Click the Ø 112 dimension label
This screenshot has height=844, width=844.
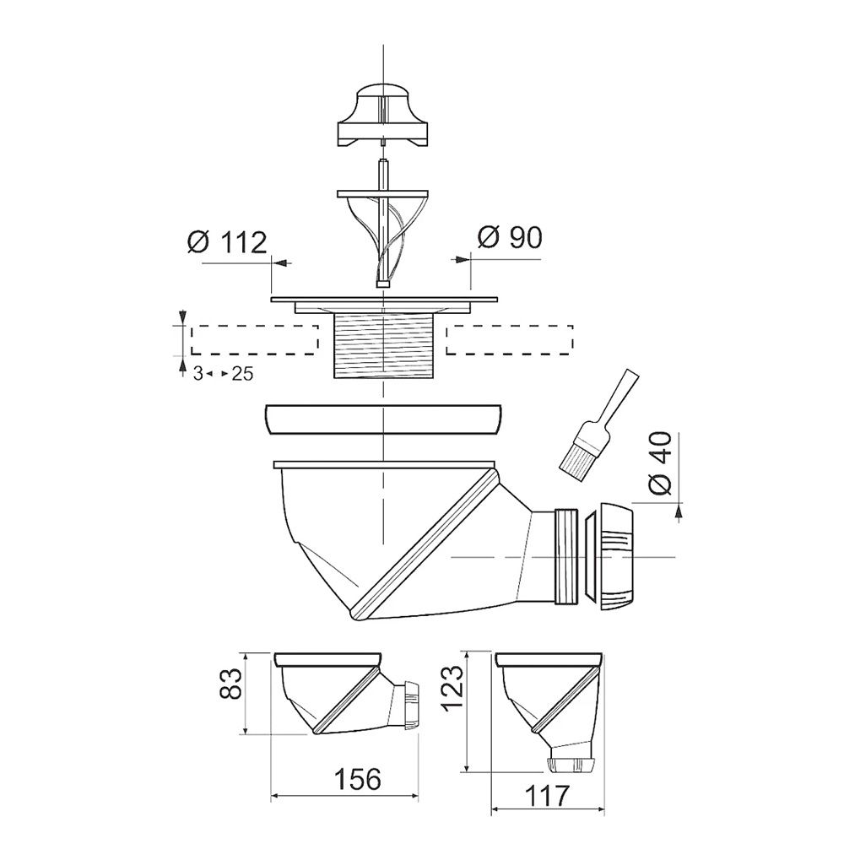pos(226,243)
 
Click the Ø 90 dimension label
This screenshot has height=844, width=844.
pos(509,237)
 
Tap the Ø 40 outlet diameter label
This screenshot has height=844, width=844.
pos(660,463)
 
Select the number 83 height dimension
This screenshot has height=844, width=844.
pos(233,683)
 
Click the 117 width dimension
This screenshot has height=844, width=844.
pos(546,796)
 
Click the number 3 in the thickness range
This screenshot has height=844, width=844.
pos(198,374)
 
